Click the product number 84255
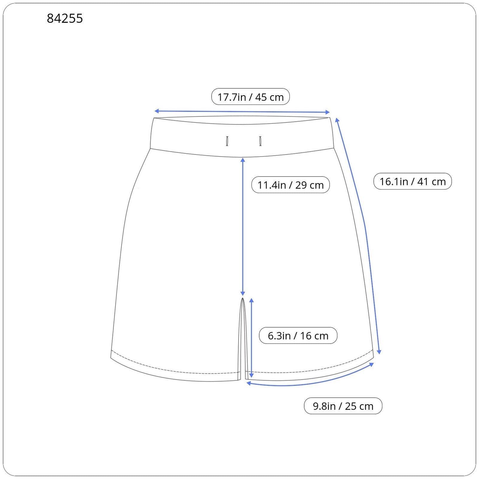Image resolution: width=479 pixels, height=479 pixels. (65, 19)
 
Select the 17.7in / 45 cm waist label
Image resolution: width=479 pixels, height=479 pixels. (251, 97)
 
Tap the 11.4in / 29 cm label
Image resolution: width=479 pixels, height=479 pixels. (290, 185)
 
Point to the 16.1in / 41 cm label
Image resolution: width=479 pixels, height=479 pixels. (413, 181)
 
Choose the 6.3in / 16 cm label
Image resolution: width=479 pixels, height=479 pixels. (298, 335)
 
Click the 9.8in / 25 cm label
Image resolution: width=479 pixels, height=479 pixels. (343, 406)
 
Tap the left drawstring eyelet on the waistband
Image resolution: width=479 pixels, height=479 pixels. (227, 141)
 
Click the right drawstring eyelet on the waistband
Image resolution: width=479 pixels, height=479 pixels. (260, 141)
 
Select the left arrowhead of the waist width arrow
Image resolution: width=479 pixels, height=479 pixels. (156, 111)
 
